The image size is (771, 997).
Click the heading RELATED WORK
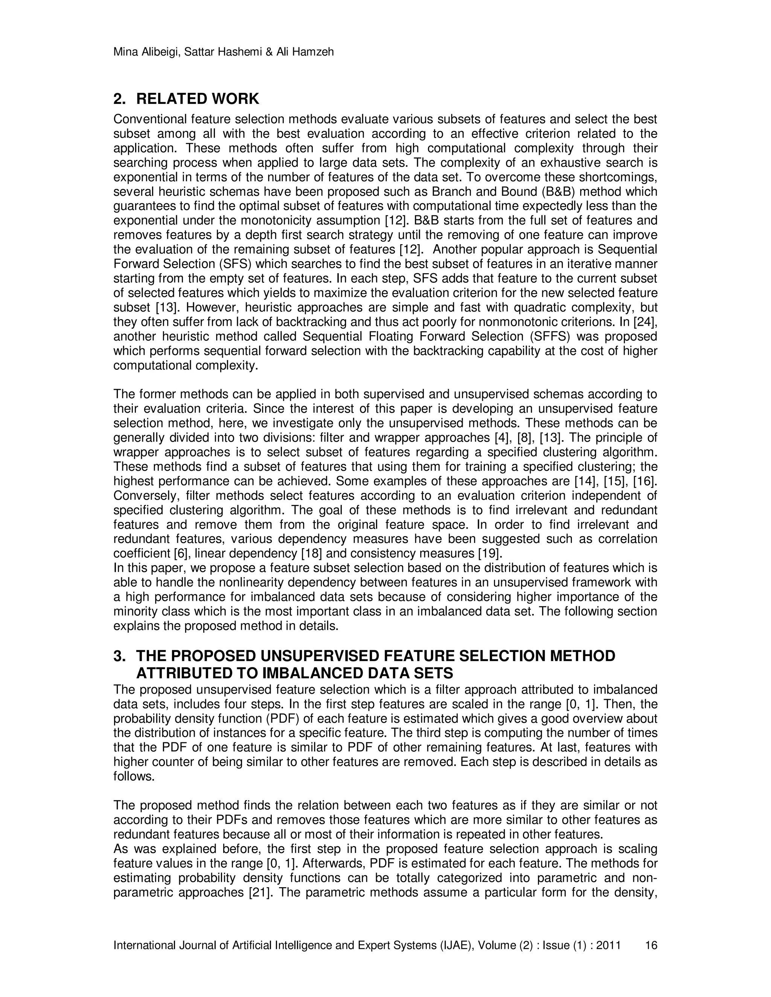197,99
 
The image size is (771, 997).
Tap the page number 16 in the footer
651,945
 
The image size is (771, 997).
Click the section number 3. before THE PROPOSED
119,656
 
